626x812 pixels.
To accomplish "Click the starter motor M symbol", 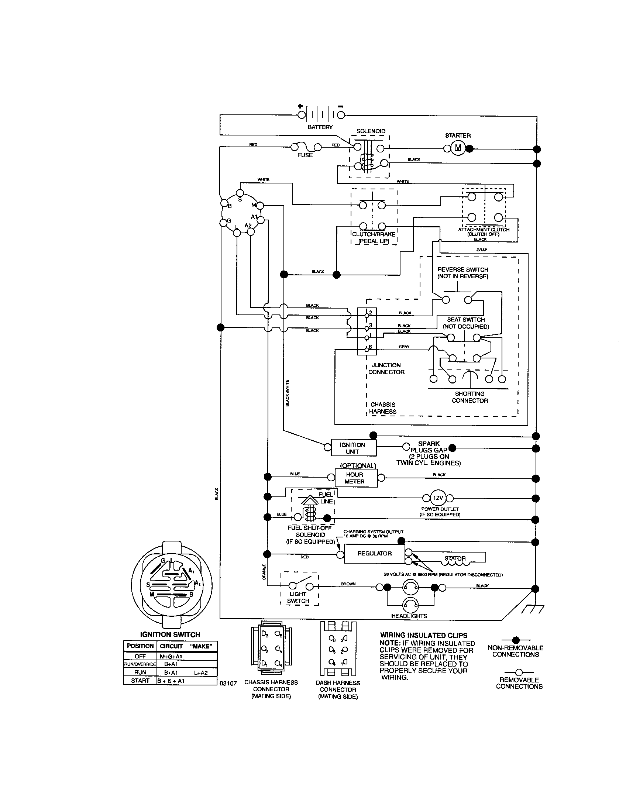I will click(458, 148).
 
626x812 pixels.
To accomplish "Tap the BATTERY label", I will click(320, 127).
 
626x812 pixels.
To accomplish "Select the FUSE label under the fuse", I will click(305, 155).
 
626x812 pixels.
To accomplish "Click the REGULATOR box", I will click(374, 554).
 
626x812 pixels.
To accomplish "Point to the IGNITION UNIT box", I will click(352, 448).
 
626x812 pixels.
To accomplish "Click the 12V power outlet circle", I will click(438, 498).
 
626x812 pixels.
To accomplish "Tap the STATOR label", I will click(455, 558).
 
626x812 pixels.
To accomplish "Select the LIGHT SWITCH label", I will click(298, 598).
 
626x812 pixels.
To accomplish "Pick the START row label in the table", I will click(140, 680).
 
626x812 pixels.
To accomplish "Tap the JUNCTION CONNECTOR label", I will click(386, 368).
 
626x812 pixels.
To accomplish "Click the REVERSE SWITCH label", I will click(462, 273).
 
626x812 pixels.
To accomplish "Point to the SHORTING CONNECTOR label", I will click(469, 397).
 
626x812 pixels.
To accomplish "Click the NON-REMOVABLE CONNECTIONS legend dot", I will click(516, 640).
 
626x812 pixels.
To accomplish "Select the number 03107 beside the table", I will click(228, 683).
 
